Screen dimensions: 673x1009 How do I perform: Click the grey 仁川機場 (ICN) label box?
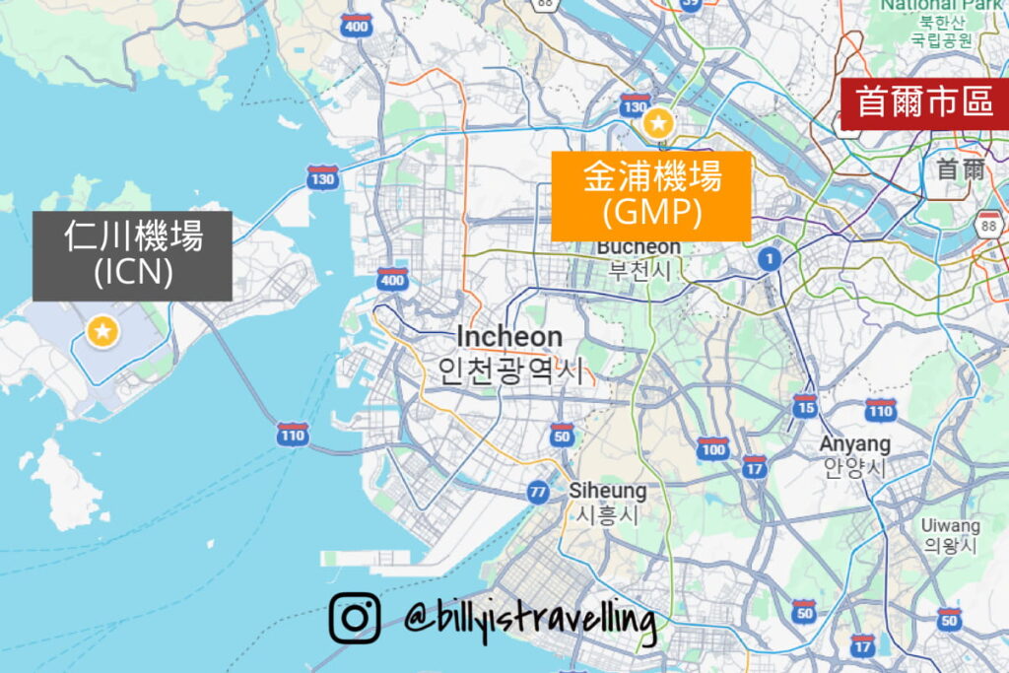[132, 255]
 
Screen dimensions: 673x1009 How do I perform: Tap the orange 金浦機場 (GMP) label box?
[650, 195]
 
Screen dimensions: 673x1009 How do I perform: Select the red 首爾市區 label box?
[924, 101]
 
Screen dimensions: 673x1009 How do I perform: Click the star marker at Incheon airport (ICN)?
[102, 332]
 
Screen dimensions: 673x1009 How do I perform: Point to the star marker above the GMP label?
[657, 124]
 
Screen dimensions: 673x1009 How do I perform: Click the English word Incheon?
[509, 337]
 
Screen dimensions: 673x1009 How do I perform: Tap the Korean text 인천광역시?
[510, 370]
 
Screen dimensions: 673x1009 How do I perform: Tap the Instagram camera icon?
[354, 618]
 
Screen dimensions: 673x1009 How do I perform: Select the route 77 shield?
[538, 491]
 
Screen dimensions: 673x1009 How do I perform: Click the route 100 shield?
[711, 448]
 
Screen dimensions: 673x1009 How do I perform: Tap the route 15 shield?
[806, 405]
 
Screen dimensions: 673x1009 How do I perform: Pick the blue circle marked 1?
[769, 259]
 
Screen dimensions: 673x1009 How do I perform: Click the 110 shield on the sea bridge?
[293, 435]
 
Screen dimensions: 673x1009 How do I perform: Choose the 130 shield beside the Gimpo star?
[636, 105]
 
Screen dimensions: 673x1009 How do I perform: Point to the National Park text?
[941, 5]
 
